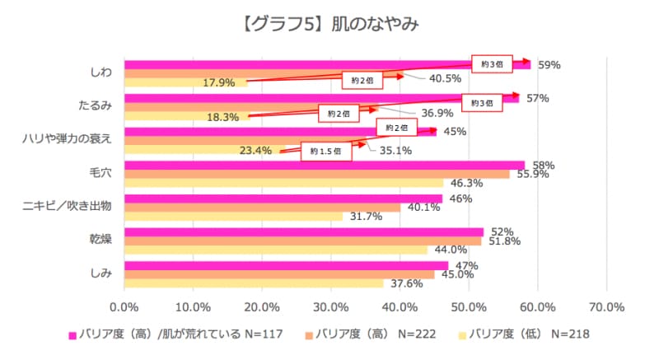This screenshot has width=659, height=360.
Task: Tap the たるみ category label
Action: tap(95, 106)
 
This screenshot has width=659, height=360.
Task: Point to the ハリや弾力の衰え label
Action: tap(67, 139)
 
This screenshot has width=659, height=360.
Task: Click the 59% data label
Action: tap(549, 63)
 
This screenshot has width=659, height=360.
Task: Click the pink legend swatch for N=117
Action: tap(72, 335)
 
